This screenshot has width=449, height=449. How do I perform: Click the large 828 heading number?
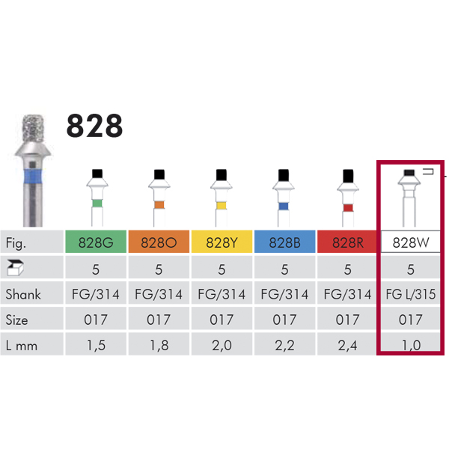click(x=94, y=126)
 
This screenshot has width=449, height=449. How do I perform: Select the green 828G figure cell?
click(x=96, y=242)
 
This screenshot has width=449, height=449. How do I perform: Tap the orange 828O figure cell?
click(x=159, y=242)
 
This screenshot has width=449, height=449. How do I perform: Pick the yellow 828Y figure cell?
click(x=222, y=242)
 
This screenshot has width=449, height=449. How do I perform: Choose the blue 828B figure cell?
click(x=284, y=242)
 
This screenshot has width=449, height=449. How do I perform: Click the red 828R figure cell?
click(x=347, y=242)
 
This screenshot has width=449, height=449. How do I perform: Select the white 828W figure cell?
click(x=411, y=242)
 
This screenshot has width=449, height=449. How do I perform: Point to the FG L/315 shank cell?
click(x=411, y=294)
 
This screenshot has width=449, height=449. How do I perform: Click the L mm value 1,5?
click(x=96, y=346)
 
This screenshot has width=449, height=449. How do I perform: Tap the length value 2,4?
click(x=347, y=346)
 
